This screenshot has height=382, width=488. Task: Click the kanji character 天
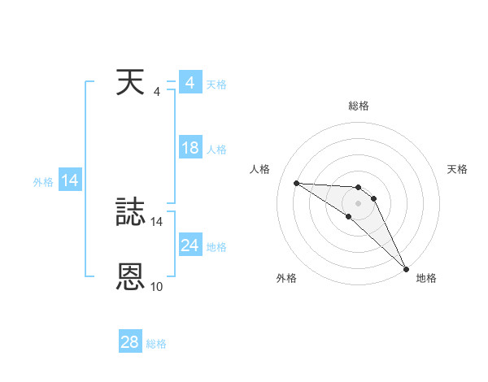pyautogui.click(x=130, y=83)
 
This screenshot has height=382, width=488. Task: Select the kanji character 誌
pyautogui.click(x=130, y=213)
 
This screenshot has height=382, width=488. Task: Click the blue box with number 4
pyautogui.click(x=190, y=83)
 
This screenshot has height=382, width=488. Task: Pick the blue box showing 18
pyautogui.click(x=190, y=148)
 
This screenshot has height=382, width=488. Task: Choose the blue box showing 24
pyautogui.click(x=190, y=245)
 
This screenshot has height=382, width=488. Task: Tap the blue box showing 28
pyautogui.click(x=129, y=342)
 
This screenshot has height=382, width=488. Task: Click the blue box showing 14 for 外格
pyautogui.click(x=70, y=180)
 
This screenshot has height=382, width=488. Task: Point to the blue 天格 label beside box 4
pyautogui.click(x=216, y=85)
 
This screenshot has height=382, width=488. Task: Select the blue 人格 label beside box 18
pyautogui.click(x=216, y=150)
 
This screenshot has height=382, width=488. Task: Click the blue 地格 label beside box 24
pyautogui.click(x=216, y=247)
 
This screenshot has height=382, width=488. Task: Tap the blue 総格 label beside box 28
pyautogui.click(x=156, y=344)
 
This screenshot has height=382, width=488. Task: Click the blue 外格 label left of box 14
pyautogui.click(x=43, y=182)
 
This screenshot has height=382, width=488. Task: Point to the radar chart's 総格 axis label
pyautogui.click(x=359, y=106)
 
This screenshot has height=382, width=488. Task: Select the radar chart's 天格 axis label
pyautogui.click(x=458, y=169)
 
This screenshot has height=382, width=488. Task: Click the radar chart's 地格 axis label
pyautogui.click(x=426, y=279)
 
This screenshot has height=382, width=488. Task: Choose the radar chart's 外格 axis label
pyautogui.click(x=286, y=279)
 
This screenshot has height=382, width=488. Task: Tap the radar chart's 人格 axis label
pyautogui.click(x=259, y=169)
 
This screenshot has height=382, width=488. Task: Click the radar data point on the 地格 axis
pyautogui.click(x=406, y=267)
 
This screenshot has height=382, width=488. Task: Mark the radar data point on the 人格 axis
pyautogui.click(x=296, y=183)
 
